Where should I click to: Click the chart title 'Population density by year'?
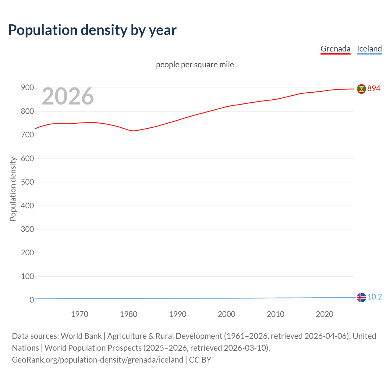(92, 30)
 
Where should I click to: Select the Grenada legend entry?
(335, 49)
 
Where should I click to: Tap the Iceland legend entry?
(369, 49)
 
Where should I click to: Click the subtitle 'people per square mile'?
(195, 65)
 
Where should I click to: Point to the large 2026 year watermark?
(68, 96)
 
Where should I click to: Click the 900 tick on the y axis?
(27, 88)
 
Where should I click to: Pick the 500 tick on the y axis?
(27, 182)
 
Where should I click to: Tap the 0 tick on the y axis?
(31, 300)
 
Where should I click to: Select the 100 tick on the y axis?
(27, 276)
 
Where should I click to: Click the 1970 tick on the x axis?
(80, 314)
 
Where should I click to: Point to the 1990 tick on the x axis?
(178, 314)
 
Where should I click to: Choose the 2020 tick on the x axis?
(324, 314)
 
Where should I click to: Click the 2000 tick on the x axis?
(226, 314)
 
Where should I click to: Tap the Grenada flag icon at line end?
(361, 89)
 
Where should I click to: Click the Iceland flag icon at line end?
(361, 297)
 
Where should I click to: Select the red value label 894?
(374, 89)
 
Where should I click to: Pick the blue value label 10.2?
(374, 297)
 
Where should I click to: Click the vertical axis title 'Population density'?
(13, 189)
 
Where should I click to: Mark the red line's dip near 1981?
(133, 131)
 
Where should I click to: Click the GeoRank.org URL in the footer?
(97, 360)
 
